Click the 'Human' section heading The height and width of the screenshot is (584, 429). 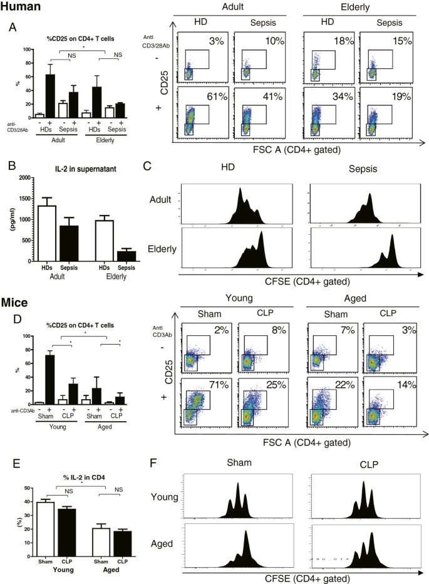tap(21, 7)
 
